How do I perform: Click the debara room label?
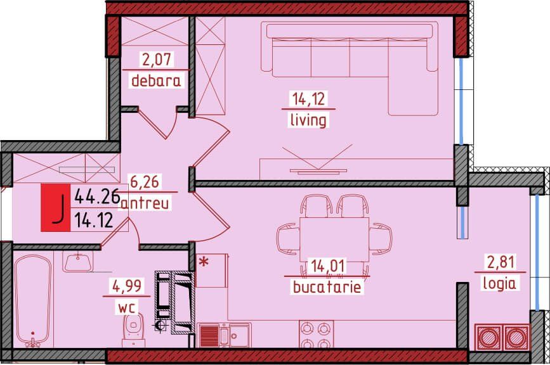point(156,81)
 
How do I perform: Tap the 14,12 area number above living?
point(308,99)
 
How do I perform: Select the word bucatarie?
point(327,287)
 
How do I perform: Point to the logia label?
point(499,283)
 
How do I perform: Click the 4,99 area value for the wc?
point(127,286)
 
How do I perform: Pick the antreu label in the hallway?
point(145,203)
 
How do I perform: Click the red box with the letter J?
point(56,208)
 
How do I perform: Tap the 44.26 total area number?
point(97,196)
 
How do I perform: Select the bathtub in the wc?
point(32,300)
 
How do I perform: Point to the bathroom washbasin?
point(78,261)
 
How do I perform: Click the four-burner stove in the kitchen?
point(316,334)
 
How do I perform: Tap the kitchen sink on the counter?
point(224,335)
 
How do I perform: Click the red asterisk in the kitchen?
point(204,262)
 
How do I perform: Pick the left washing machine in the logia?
point(488,337)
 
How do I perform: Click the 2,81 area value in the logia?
point(501,262)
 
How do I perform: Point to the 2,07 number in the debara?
point(157,59)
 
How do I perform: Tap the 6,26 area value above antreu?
point(145,182)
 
